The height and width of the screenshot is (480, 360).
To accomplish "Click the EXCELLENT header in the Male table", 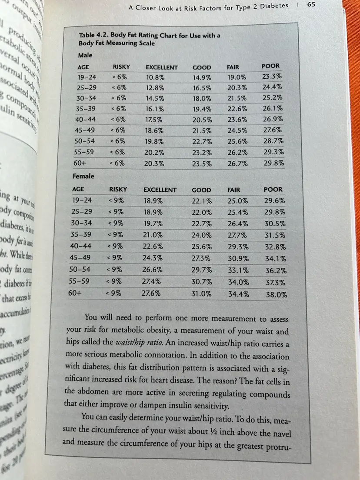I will coord(161,67).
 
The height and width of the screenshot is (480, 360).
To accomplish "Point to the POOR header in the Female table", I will coord(273,189).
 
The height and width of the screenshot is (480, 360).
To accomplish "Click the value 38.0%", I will coord(277,294).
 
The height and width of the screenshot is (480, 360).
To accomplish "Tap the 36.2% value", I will coord(275,270).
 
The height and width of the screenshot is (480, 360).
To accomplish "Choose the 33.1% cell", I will coord(238,270).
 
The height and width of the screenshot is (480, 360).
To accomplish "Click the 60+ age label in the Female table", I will coord(75,293).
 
